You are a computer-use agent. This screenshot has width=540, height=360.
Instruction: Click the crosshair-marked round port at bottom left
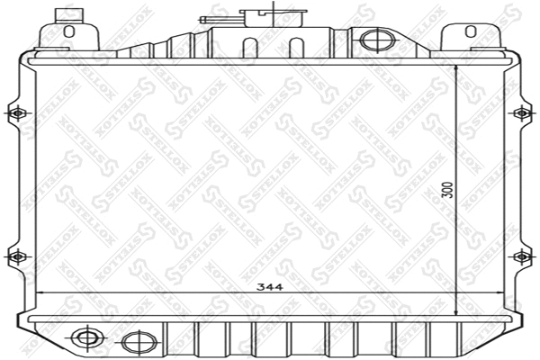[87, 338]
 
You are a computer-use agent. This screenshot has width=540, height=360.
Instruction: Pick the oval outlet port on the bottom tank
[136, 342]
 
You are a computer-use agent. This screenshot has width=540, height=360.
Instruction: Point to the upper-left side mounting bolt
[15, 113]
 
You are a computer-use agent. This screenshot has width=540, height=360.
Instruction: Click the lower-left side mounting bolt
[15, 256]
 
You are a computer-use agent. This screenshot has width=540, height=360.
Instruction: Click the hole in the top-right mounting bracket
[469, 31]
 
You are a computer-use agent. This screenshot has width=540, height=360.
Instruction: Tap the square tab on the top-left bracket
[66, 14]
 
